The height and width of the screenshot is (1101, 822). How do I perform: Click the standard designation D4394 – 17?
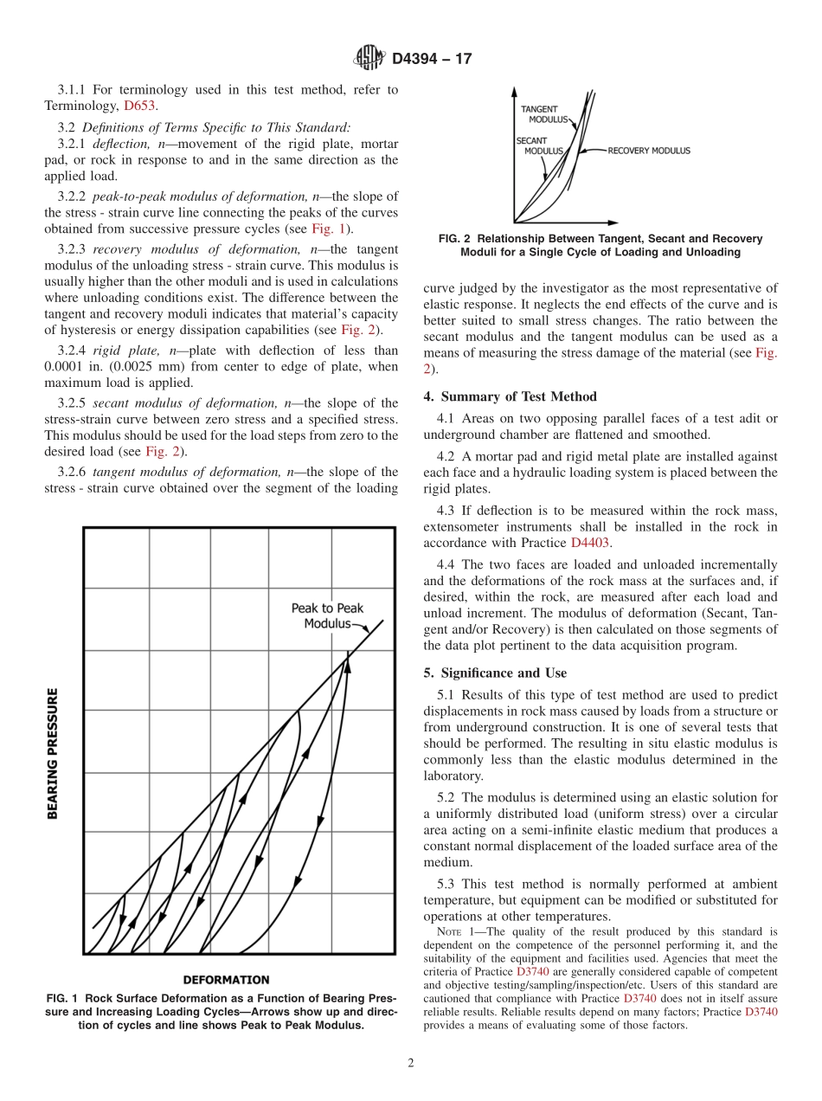point(432,60)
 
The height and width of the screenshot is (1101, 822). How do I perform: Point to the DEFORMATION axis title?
point(226,980)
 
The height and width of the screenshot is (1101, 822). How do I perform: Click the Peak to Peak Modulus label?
point(327,615)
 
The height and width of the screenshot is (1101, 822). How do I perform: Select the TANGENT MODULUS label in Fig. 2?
point(543,114)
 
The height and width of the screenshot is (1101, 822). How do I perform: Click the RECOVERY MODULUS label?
point(649,151)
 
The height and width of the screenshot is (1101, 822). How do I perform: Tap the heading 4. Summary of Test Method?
point(510,396)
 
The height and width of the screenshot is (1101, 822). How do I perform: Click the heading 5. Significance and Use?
point(495,673)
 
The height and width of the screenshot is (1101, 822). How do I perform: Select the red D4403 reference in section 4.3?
point(590,543)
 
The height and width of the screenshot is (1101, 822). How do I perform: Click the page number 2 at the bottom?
point(411,1064)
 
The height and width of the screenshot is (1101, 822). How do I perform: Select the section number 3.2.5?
point(72,402)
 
